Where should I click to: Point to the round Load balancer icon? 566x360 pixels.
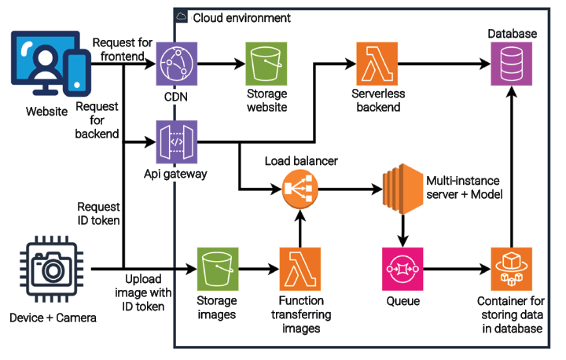298,189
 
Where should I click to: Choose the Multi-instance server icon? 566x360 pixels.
402,189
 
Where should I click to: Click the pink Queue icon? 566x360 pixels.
402,270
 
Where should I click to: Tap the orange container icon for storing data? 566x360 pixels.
513,270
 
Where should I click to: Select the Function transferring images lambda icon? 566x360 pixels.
298,270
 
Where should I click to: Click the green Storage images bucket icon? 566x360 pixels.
218,270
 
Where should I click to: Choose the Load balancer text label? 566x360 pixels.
300,161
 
